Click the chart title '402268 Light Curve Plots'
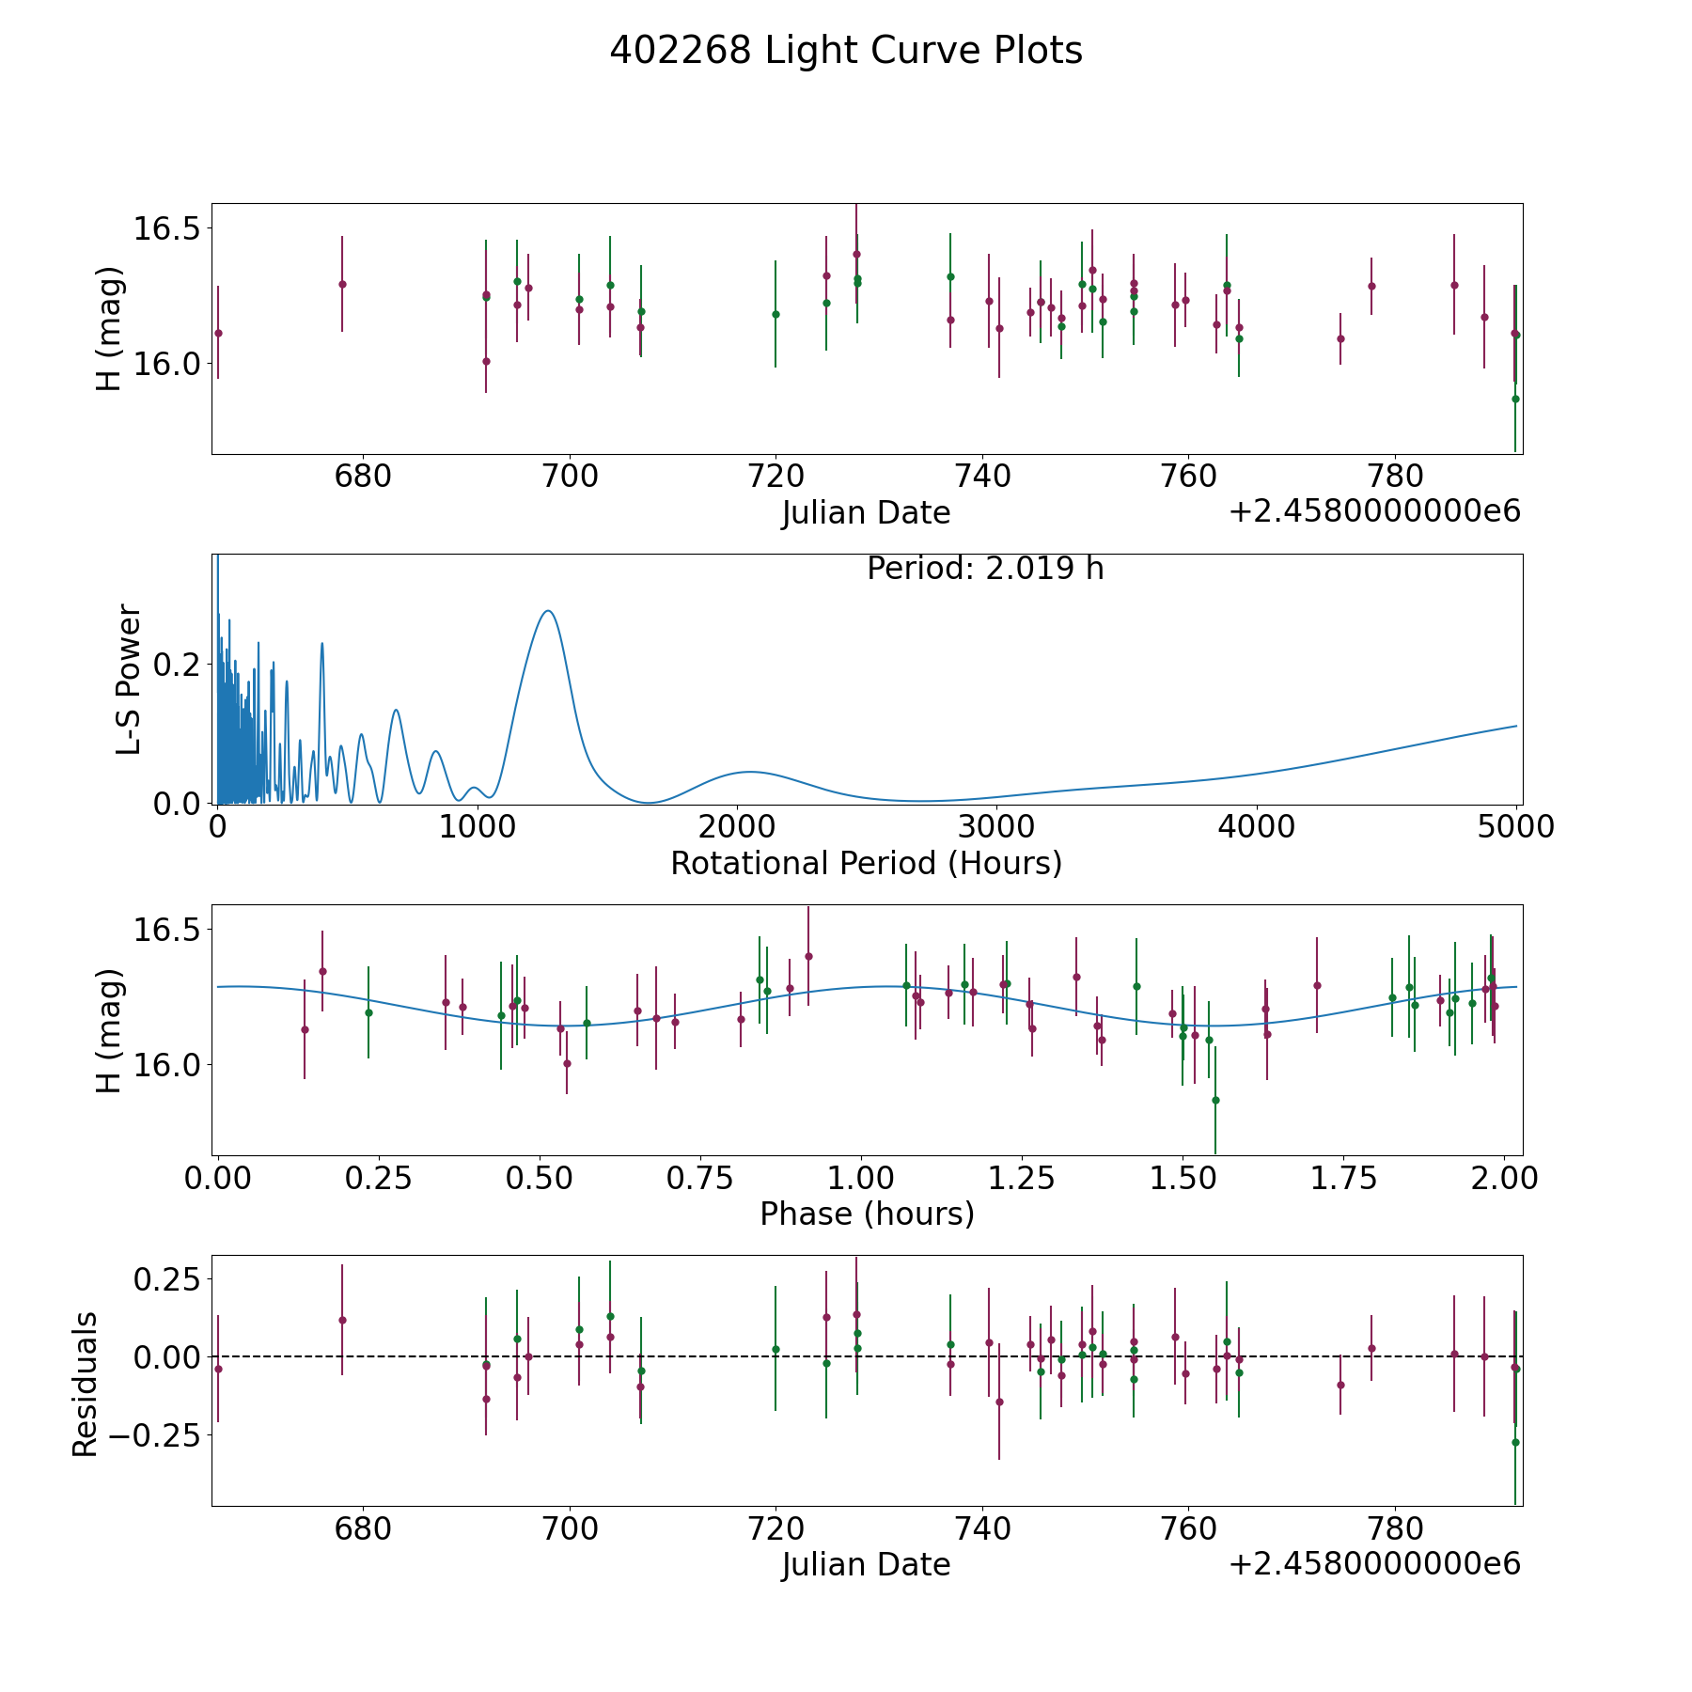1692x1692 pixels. (x=846, y=51)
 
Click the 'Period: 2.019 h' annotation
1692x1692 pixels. (x=984, y=569)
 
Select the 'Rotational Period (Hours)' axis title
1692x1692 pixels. (x=866, y=863)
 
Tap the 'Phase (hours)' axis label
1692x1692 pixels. (x=867, y=1214)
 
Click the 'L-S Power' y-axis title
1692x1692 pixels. (x=129, y=679)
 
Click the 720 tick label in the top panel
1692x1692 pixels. (x=775, y=477)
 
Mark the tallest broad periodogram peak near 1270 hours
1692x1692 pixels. (x=548, y=611)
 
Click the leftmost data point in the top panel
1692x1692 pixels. (x=218, y=333)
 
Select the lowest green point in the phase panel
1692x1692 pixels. (x=1215, y=1100)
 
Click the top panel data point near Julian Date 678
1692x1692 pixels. (x=342, y=284)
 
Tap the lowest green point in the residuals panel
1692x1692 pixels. (x=1515, y=1442)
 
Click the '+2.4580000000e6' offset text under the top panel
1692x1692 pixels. (x=1374, y=511)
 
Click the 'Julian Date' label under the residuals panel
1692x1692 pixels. (x=866, y=1564)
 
